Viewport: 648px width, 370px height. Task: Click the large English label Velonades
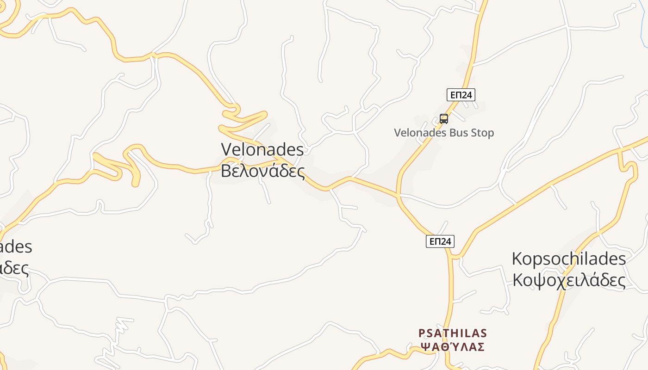[x=262, y=149]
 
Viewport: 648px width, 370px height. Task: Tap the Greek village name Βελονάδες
[x=262, y=171]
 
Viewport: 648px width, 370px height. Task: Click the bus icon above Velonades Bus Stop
[x=444, y=118]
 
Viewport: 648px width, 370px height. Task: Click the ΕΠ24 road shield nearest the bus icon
[x=461, y=95]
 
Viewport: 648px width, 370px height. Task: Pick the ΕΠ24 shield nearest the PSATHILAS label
[x=440, y=241]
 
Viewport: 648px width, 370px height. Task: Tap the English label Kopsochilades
[x=568, y=259]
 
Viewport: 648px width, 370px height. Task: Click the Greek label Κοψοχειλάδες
[x=568, y=280]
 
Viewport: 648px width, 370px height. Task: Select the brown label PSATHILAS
[x=452, y=333]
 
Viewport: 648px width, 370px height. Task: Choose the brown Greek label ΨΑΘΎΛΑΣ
[x=452, y=346]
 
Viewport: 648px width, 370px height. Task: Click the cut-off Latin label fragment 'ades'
[x=16, y=247]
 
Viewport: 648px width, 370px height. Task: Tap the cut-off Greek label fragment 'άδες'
[x=14, y=268]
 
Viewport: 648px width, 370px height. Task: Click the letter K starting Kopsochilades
[x=517, y=259]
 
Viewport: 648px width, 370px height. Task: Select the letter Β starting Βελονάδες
[x=225, y=171]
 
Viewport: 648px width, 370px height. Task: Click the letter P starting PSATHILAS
[x=421, y=333]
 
